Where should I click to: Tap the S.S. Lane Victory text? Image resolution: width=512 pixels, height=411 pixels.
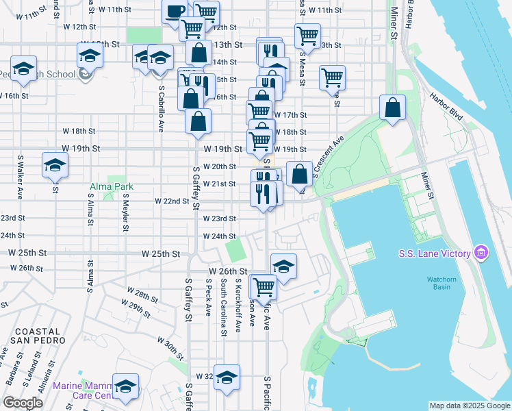point(435,254)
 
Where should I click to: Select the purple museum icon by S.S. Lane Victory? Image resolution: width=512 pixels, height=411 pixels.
point(481,254)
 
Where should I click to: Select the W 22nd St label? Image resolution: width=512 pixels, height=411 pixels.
point(172,201)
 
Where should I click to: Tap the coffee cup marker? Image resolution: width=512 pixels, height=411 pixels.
point(175,11)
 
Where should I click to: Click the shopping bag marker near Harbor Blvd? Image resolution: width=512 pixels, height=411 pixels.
point(393,108)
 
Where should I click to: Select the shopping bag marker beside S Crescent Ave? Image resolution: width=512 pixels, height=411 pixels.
point(299,173)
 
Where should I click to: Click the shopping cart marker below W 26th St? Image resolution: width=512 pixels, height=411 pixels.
point(263,286)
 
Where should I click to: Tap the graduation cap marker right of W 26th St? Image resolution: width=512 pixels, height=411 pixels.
point(283,265)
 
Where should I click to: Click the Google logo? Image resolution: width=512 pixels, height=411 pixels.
point(23,403)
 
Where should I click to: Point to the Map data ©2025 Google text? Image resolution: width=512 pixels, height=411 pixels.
point(469,406)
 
